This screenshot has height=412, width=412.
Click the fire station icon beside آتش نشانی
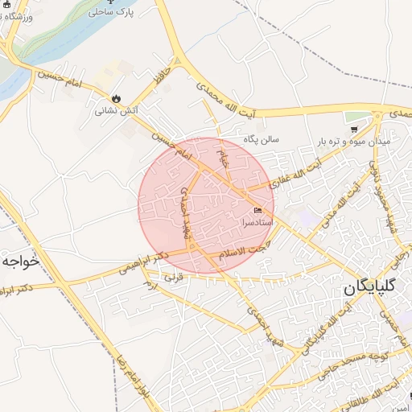(x=116, y=98)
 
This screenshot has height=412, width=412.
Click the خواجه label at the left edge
(x=20, y=262)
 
